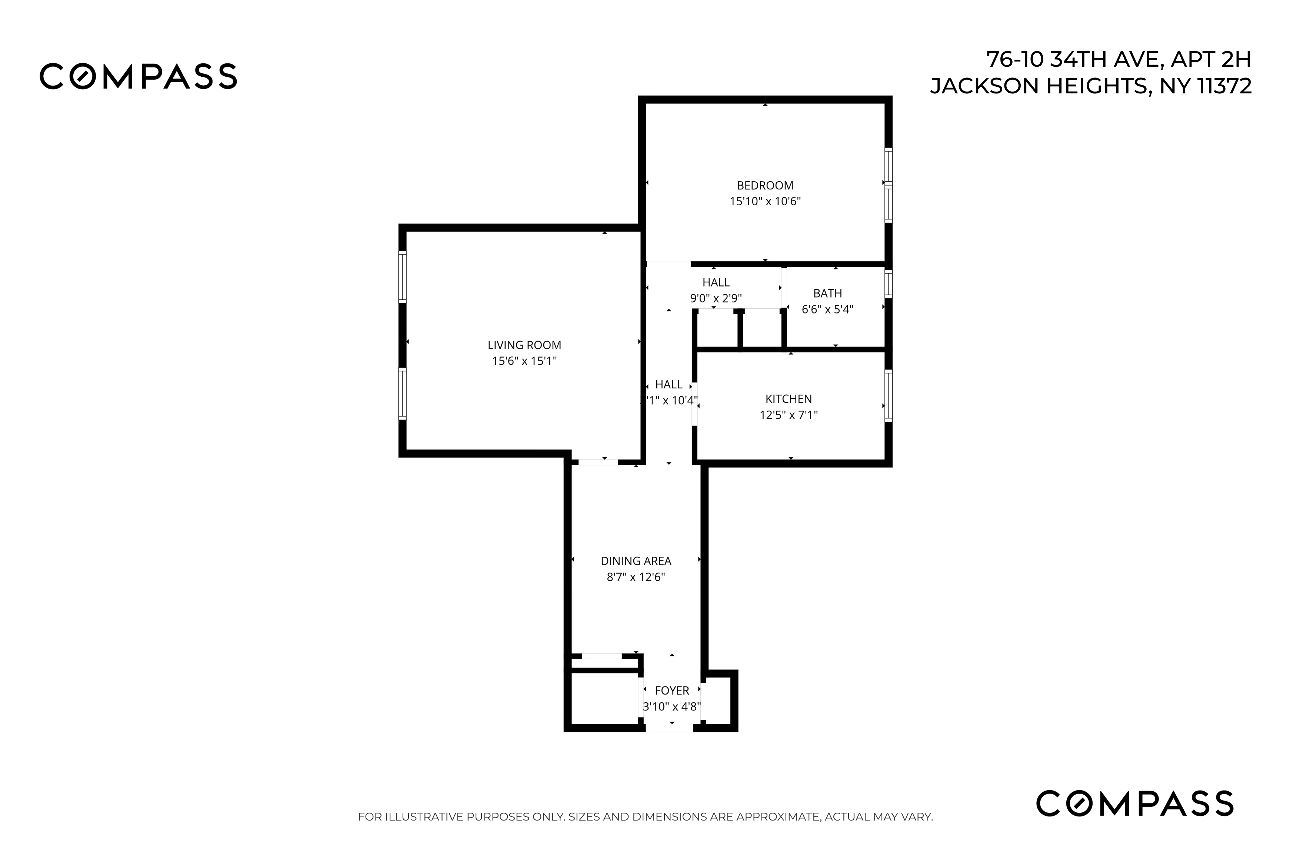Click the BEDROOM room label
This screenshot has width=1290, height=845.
[x=765, y=185]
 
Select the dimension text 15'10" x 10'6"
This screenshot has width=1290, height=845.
[x=765, y=202]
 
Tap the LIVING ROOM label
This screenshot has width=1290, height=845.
[x=524, y=345]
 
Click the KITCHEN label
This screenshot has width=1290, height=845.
[x=788, y=399]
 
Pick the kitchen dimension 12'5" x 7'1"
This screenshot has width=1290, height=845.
[x=788, y=415]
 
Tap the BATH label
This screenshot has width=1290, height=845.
[x=827, y=294]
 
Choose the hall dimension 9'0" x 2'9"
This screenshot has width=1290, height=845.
[x=716, y=298]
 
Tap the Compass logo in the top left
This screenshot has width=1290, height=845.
[x=138, y=76]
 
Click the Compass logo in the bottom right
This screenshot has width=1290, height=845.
[x=1134, y=803]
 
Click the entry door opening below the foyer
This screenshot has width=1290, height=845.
[x=669, y=728]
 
